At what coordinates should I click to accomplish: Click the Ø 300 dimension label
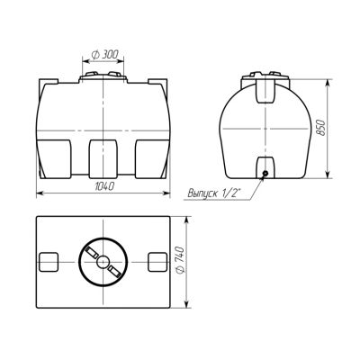(x=104, y=55)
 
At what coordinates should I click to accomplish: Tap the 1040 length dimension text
(x=104, y=186)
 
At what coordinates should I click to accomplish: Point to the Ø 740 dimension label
(x=180, y=260)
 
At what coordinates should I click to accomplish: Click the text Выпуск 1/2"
(x=215, y=193)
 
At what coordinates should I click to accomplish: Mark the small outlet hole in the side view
(x=265, y=173)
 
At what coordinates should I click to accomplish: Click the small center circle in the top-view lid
(x=103, y=262)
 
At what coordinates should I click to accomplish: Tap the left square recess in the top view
(x=49, y=262)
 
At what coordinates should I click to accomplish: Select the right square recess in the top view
(x=157, y=262)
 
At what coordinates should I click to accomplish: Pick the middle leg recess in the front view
(x=103, y=158)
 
